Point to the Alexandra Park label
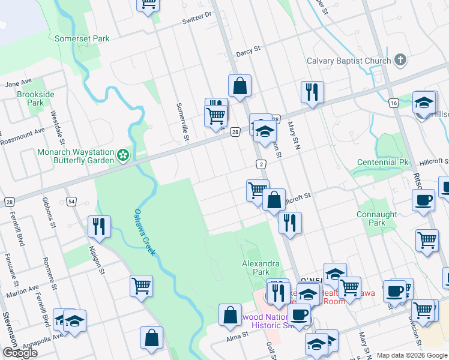[261, 268]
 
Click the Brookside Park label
[35, 98]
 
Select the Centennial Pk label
[382, 163]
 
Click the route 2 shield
[261, 164]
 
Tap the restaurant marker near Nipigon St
[98, 226]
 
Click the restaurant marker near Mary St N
[312, 92]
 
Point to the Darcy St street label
[247, 52]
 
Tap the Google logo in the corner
[20, 353]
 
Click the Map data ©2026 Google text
[412, 355]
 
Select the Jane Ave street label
[19, 83]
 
